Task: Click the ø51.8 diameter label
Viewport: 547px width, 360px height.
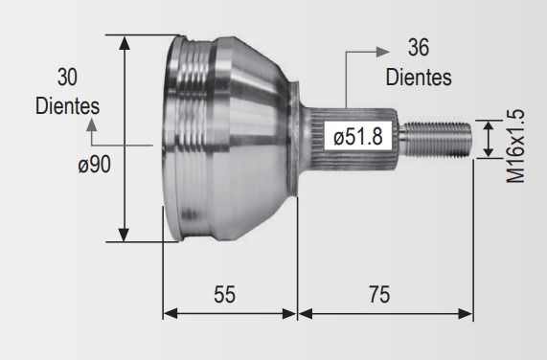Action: tap(358, 136)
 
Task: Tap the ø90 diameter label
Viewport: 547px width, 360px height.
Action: tap(94, 164)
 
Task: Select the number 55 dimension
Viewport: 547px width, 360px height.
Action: tap(224, 294)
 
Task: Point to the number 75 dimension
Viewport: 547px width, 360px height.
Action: tap(379, 294)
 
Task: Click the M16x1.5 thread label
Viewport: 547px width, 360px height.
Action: tap(515, 146)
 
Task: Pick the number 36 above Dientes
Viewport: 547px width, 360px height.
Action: tap(418, 48)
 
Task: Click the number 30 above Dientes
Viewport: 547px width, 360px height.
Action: tap(67, 77)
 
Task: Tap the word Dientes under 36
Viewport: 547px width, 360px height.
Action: tap(419, 77)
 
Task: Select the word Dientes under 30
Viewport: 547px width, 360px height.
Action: tap(67, 106)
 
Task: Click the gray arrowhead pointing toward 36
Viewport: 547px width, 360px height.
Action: tap(382, 52)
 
